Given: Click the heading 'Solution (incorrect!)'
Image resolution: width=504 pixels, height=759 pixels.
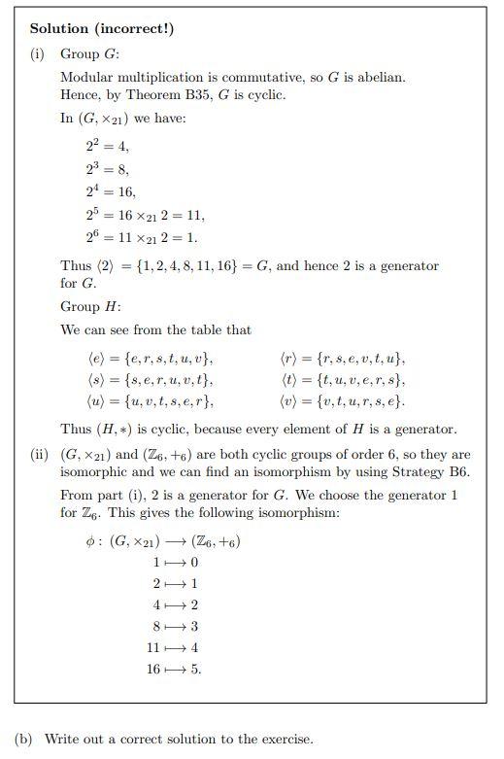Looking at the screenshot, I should point(102,28).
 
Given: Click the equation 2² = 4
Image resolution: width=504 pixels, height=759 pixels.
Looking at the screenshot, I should point(107,147).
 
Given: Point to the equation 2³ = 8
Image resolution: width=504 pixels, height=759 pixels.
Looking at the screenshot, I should point(107,169).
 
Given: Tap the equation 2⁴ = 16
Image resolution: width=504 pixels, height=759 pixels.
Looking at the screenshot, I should point(111,192).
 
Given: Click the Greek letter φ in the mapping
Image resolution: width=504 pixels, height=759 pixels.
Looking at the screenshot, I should point(91,541).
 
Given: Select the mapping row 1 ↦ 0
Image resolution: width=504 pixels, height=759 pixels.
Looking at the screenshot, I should point(176,563).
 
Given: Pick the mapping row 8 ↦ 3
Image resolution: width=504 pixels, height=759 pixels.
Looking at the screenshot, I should point(176,627).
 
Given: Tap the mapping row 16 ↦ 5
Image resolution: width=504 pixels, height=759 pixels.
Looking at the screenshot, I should point(174,669).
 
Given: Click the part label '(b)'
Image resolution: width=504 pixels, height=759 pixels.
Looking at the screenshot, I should point(23,739).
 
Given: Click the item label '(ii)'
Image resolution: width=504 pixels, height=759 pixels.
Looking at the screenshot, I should point(40,454).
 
